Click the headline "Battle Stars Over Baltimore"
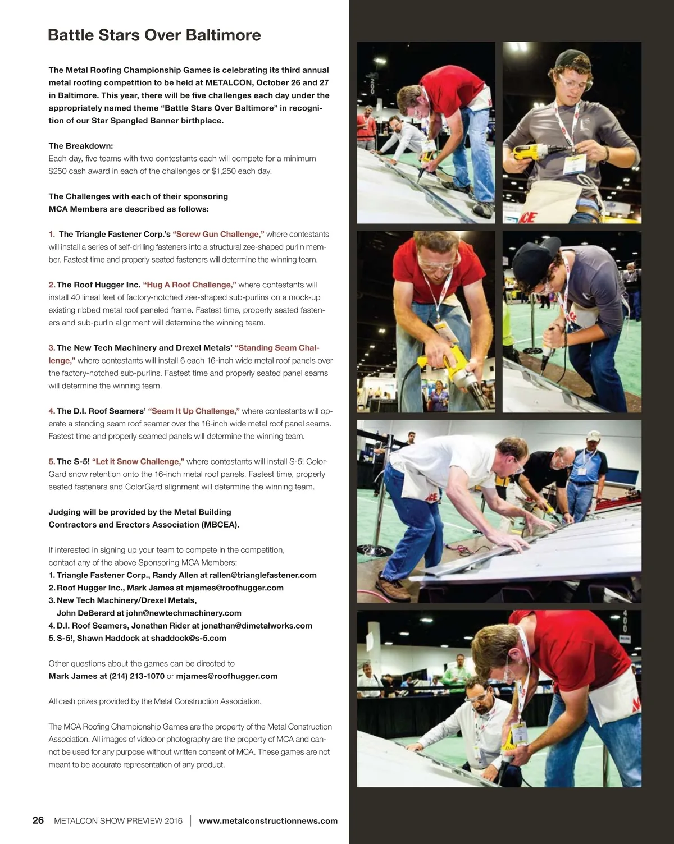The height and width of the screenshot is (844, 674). [x=154, y=35]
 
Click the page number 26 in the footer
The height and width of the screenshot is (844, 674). [x=38, y=820]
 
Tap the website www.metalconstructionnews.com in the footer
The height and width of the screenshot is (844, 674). [x=268, y=821]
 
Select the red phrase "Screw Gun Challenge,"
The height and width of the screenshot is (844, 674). [x=218, y=234]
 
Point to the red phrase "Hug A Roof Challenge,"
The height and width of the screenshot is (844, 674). [x=190, y=285]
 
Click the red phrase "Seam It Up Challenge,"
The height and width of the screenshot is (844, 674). [x=194, y=411]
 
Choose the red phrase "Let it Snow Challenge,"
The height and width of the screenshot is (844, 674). [x=138, y=462]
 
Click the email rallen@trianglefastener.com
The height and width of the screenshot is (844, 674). [x=263, y=575]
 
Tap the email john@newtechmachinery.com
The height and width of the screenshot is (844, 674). [x=184, y=613]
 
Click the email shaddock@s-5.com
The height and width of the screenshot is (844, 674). [x=188, y=638]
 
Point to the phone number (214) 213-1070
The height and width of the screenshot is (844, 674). [x=136, y=676]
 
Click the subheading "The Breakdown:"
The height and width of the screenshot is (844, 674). [x=81, y=146]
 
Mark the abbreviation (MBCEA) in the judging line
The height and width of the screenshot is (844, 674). [x=220, y=525]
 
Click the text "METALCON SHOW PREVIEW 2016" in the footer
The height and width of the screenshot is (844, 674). [x=118, y=821]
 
